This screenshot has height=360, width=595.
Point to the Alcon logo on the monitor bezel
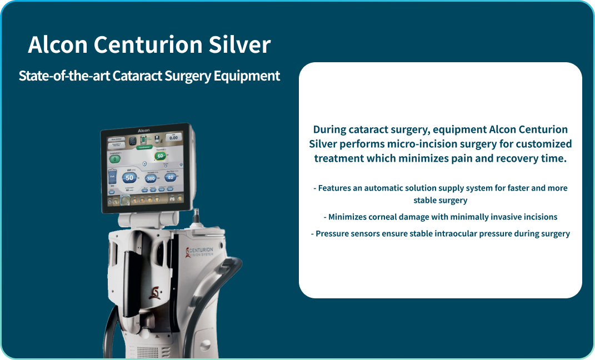144,131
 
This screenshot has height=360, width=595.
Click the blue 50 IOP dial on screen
129,178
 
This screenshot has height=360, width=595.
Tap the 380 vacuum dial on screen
151,178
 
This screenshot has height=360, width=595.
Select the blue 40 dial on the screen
171,177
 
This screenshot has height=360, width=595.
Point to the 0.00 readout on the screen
173,138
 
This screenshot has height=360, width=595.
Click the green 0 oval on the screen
115,159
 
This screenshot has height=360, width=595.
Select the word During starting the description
329,129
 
